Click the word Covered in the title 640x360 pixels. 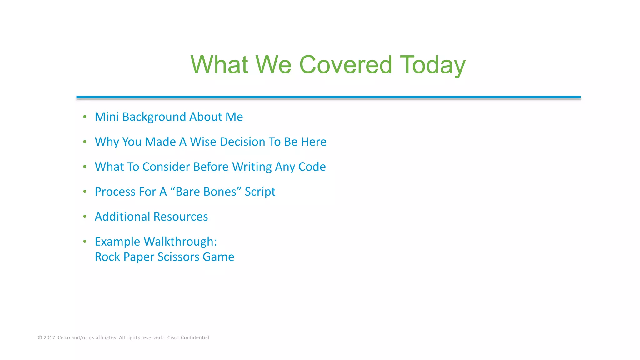pos(345,65)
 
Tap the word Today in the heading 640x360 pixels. pos(432,65)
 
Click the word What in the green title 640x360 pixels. pos(219,65)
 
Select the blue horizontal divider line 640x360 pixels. pos(328,97)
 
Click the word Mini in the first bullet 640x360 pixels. pos(107,117)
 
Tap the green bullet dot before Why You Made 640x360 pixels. pos(85,142)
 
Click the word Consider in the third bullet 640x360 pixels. pos(166,167)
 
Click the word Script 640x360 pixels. pos(260,192)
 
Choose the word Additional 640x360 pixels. pos(122,217)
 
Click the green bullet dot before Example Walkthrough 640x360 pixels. pos(85,242)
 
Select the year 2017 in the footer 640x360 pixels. pos(49,337)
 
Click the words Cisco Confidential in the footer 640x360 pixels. pos(188,337)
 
